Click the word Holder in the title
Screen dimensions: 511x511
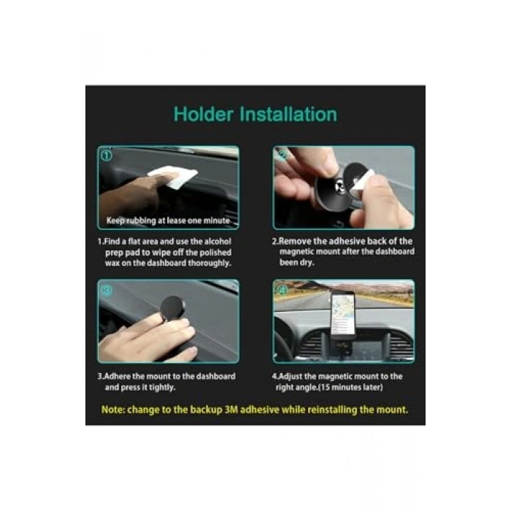[204, 115]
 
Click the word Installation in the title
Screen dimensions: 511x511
[288, 115]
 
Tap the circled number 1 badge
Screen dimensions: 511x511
[107, 155]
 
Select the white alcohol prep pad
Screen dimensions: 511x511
[173, 177]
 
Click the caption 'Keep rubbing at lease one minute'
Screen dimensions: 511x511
[168, 220]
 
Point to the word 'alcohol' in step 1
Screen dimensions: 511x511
[218, 242]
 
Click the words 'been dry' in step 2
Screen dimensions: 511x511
[296, 262]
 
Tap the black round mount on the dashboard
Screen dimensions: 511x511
[172, 307]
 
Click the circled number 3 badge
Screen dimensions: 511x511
[107, 290]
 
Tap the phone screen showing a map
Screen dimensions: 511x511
[343, 313]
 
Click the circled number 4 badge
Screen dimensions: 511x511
[282, 290]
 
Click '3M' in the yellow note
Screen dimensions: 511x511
[231, 410]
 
